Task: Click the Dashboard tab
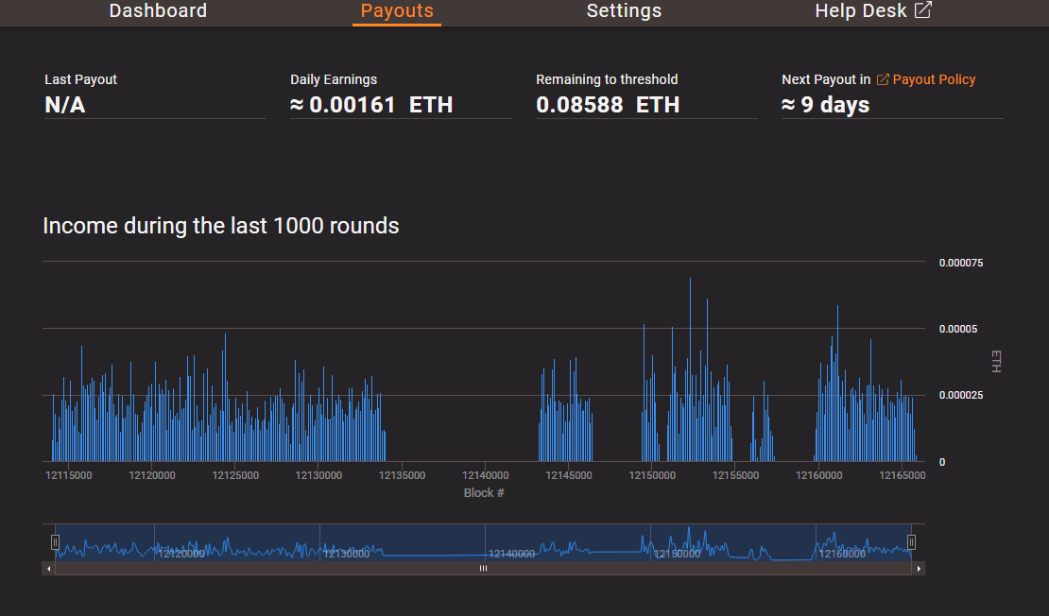158,11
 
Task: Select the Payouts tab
397,11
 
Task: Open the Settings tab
624,11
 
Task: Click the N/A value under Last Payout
65,105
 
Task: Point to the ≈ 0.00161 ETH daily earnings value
371,105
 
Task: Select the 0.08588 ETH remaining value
608,105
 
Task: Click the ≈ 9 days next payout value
825,105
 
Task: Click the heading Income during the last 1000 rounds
221,226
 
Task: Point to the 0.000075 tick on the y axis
960,263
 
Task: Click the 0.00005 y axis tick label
957,329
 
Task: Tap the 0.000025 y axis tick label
960,395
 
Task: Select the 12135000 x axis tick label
402,475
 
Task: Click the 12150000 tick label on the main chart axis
652,475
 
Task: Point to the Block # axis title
484,493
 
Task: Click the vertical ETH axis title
995,361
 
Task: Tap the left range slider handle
55,541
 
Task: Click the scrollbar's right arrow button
919,569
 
